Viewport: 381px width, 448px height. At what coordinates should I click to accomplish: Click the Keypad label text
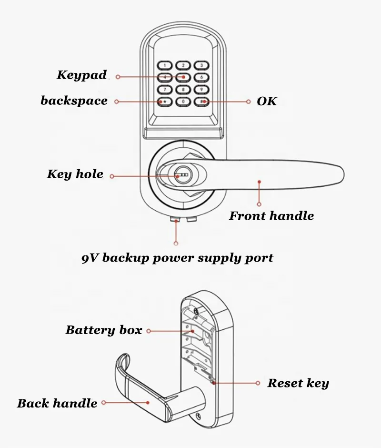click(81, 75)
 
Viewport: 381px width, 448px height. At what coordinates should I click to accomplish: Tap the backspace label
click(74, 101)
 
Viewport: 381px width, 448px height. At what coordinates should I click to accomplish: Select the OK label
click(267, 101)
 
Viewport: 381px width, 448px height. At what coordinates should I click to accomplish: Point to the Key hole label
click(75, 174)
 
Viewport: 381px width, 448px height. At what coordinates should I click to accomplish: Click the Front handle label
click(271, 216)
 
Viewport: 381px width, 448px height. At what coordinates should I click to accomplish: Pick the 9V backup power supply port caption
click(177, 258)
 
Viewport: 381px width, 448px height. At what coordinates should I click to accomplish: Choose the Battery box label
click(103, 330)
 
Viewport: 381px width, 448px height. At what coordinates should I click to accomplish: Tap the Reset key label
click(298, 383)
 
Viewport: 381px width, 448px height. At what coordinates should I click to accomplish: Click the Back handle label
click(57, 404)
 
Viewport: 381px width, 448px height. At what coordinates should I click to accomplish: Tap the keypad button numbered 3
click(201, 65)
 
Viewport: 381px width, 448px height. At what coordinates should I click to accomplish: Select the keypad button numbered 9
click(201, 89)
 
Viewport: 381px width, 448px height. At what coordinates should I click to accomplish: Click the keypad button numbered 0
click(183, 102)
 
